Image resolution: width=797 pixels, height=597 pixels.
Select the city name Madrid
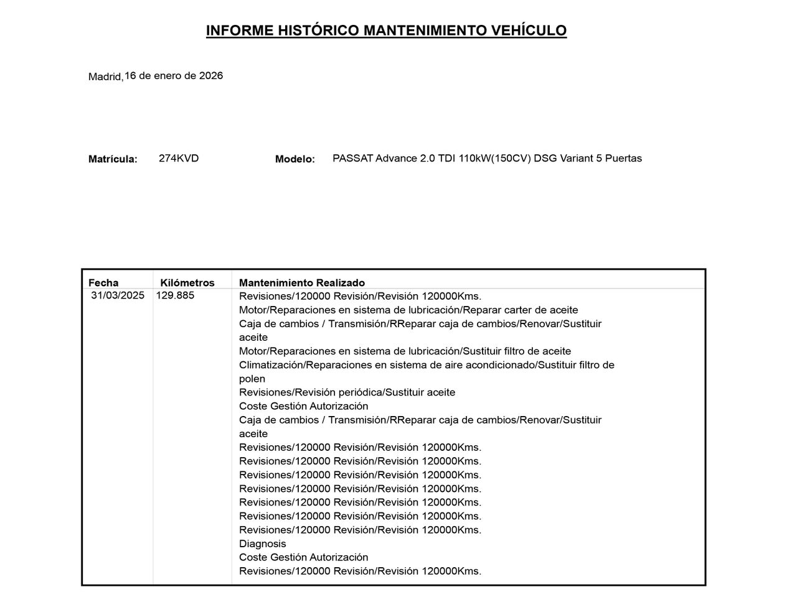point(105,77)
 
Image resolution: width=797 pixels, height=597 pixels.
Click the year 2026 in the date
point(210,76)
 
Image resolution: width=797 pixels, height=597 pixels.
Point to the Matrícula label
point(113,159)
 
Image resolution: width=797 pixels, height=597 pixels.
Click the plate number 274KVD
point(179,158)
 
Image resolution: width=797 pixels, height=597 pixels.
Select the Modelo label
point(295,159)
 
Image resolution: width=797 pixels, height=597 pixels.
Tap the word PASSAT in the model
point(352,158)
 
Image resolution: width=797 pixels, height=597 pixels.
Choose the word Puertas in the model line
point(623,158)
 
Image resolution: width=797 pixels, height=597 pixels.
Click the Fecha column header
point(103,283)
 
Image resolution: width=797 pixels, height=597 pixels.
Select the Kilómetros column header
point(187,283)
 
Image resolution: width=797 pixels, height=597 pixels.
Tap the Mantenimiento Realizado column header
point(302,283)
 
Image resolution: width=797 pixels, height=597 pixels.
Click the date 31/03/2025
point(118,295)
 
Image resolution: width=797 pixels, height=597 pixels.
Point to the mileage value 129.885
point(175,295)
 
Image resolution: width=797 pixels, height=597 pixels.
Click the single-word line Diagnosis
point(262,544)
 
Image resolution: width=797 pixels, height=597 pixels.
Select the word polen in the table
point(252,379)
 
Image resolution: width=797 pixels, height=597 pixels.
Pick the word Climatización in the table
point(271,365)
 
